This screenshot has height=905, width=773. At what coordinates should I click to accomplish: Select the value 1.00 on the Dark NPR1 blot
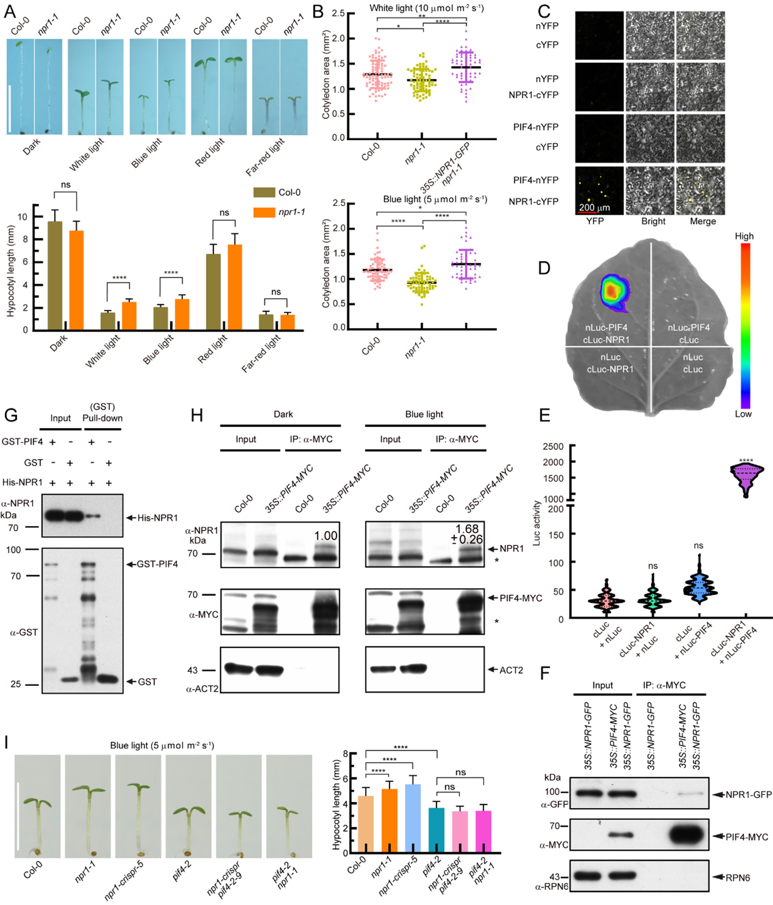pos(326,536)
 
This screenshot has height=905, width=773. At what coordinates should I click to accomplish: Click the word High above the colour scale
pos(744,236)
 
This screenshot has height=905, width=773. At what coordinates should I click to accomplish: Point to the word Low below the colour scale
pos(743,414)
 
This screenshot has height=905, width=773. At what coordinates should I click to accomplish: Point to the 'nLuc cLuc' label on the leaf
pos(693,363)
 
